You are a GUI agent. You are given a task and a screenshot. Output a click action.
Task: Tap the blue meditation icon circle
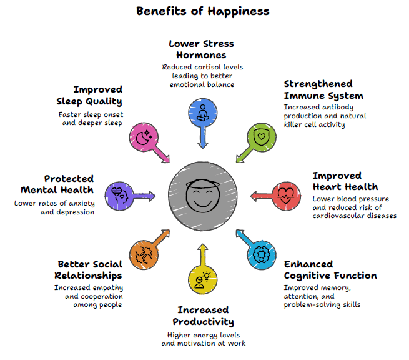202,112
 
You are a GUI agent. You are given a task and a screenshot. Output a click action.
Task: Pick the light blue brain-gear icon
260,253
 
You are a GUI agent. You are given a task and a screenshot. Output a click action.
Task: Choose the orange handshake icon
143,253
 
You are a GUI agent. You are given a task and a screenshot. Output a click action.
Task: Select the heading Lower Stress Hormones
201,49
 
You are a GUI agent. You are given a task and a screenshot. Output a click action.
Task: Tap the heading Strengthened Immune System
323,89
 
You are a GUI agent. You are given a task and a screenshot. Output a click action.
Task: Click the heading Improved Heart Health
345,181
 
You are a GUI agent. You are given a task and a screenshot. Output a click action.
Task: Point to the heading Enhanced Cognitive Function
330,269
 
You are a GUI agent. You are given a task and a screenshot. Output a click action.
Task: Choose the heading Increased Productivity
204,316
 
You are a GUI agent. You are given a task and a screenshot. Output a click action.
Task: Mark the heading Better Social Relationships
90,269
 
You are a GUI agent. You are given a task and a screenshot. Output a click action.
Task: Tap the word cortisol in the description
216,67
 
